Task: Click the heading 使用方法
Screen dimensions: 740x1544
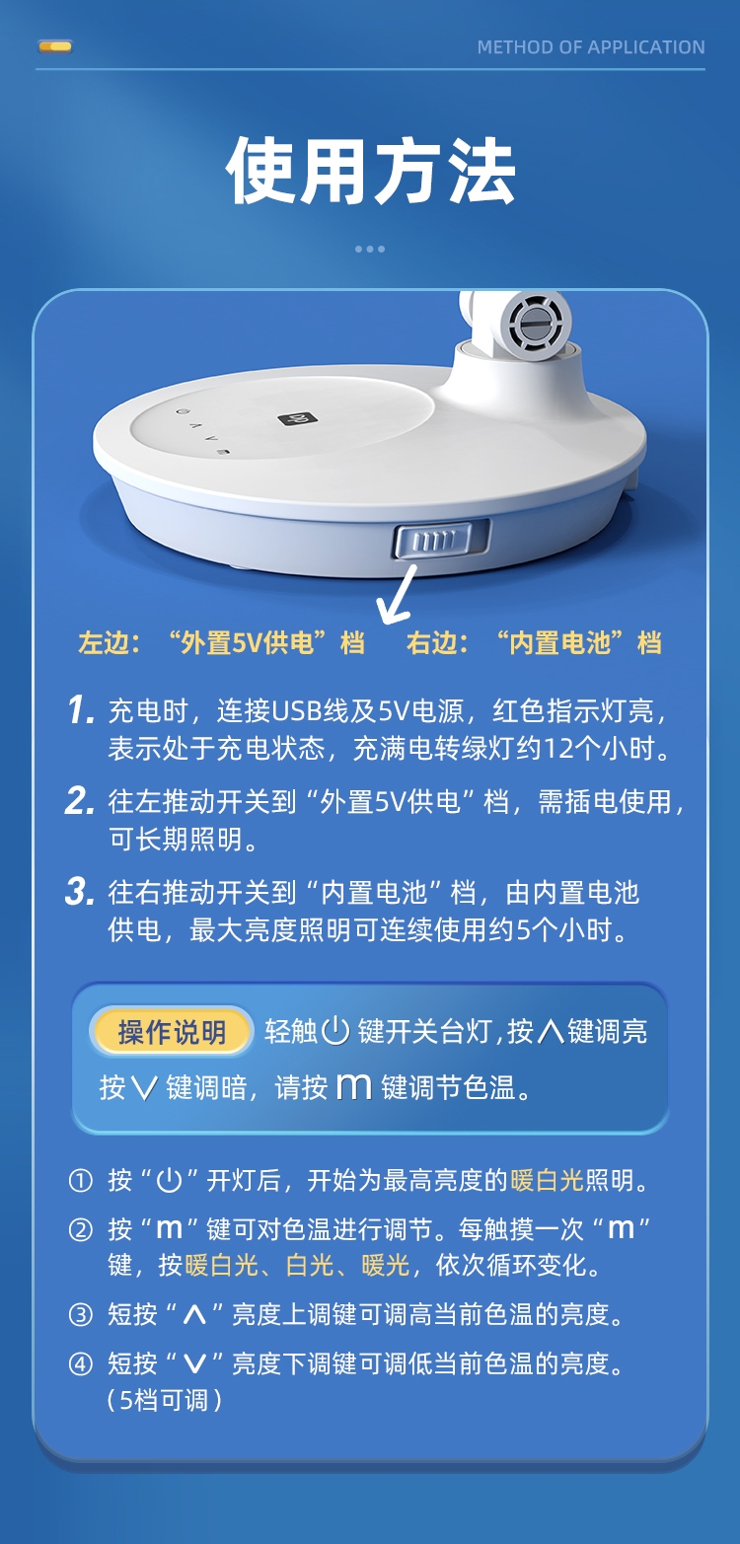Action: [370, 171]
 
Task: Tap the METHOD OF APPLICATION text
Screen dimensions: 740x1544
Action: [591, 47]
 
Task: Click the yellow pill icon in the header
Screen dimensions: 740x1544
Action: [55, 47]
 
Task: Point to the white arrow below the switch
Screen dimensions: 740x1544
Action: [398, 594]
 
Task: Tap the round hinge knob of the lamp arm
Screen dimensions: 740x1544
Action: [535, 323]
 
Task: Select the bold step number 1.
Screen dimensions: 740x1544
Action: [81, 710]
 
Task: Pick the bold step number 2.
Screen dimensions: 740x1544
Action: [79, 801]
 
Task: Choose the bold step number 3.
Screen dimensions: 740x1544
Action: [79, 892]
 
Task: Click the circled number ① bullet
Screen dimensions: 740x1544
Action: [81, 1181]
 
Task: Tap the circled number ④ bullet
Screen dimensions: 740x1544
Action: [81, 1363]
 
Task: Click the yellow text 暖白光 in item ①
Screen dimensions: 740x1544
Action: [547, 1181]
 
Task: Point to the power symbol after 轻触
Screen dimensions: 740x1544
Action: [335, 1032]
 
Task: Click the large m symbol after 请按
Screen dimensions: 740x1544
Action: [354, 1087]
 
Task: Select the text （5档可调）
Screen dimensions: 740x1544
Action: [164, 1400]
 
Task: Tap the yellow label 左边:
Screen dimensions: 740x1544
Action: [110, 642]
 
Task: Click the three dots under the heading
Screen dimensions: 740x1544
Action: [370, 249]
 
